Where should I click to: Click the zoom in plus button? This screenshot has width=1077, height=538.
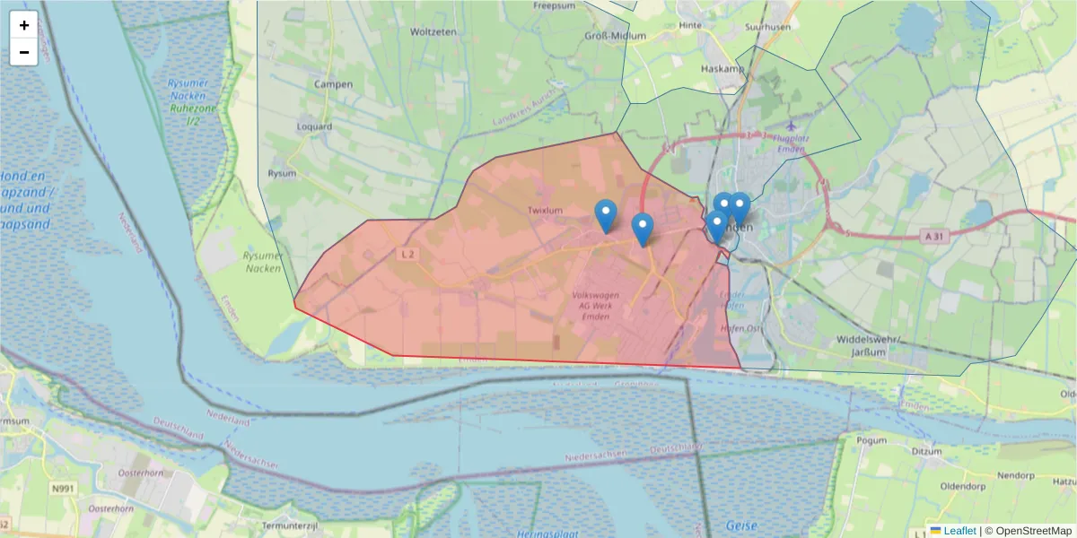click(24, 25)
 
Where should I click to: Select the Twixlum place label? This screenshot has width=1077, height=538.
click(546, 211)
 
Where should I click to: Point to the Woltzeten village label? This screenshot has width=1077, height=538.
click(433, 31)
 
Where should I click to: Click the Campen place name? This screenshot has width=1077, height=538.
click(333, 84)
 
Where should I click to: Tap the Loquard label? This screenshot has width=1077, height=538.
click(314, 126)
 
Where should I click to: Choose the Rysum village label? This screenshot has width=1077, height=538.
click(282, 173)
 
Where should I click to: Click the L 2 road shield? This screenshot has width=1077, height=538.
click(408, 254)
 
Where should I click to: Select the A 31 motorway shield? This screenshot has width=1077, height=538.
click(933, 235)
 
